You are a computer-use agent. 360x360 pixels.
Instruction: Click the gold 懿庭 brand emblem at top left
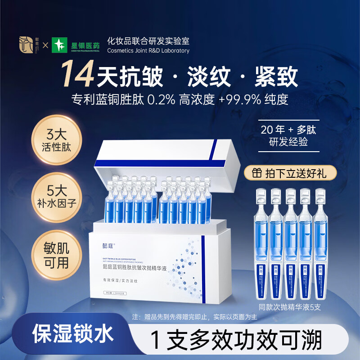click(27, 46)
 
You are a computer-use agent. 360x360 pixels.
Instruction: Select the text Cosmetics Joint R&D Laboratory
click(148, 51)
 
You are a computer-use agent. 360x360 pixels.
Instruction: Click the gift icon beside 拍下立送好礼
click(257, 172)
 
